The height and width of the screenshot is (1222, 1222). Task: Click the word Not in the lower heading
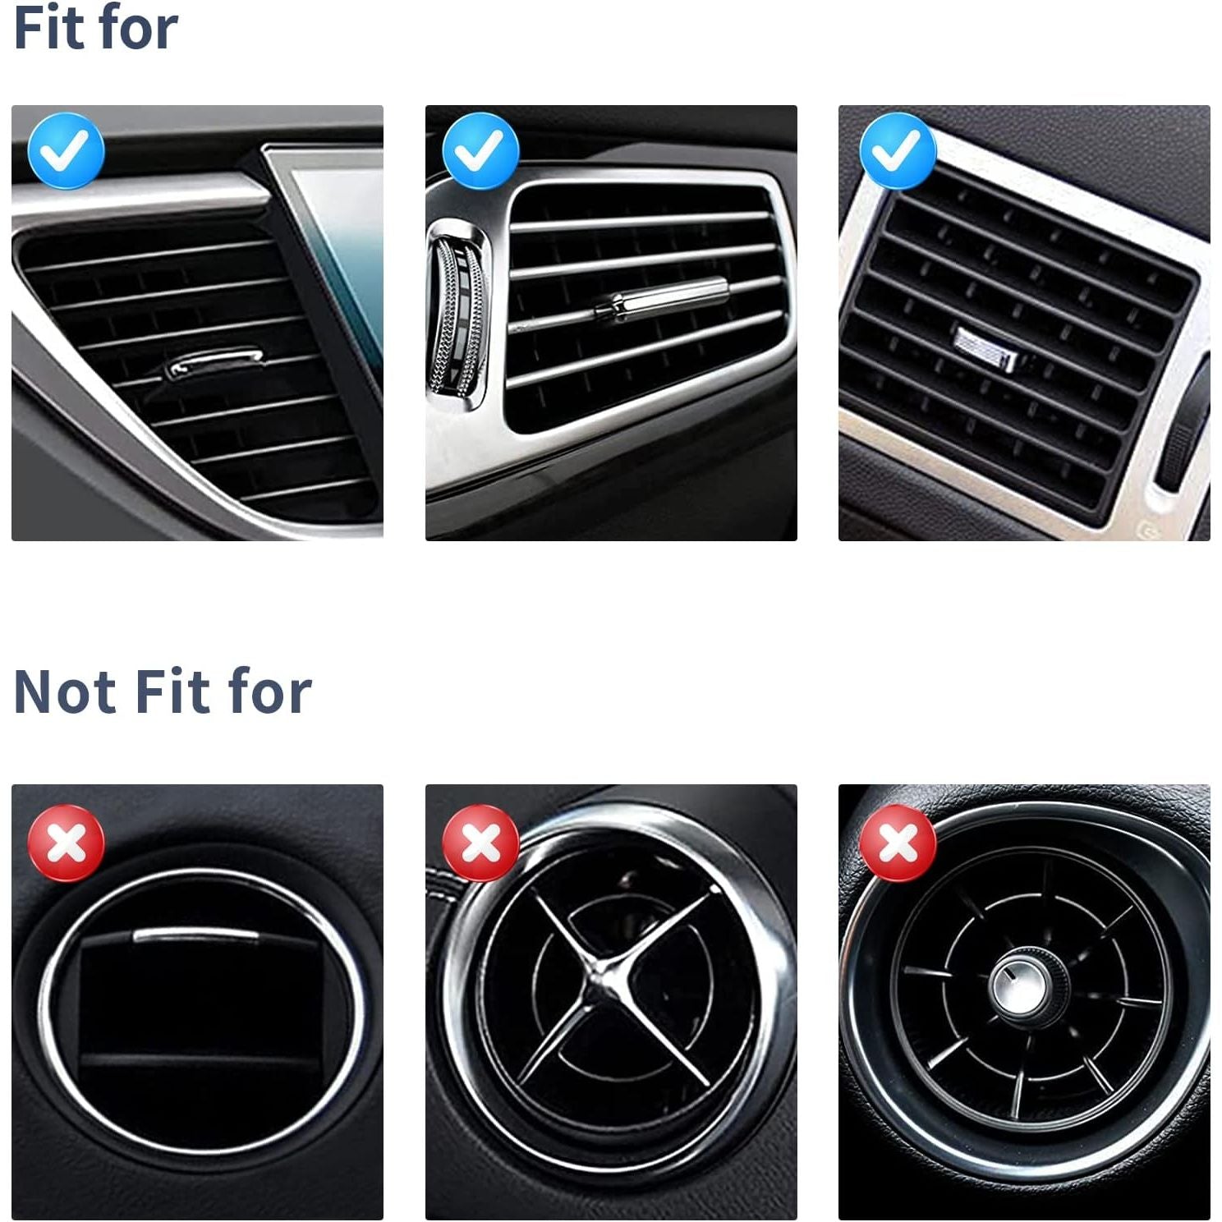[65, 691]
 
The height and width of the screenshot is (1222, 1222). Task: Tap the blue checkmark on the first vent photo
[66, 151]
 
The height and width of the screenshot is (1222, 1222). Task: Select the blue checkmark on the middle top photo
[480, 151]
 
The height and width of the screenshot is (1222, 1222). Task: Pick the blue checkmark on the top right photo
[898, 151]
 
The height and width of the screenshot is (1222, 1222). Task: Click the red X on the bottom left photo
[67, 843]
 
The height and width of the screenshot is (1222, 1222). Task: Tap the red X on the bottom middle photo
[480, 843]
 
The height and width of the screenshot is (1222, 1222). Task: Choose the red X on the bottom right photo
[898, 843]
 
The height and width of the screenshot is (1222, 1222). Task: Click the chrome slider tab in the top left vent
[214, 364]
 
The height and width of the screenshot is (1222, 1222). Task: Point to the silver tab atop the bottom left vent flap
[196, 935]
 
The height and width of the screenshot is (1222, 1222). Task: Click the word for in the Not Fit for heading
[270, 691]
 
